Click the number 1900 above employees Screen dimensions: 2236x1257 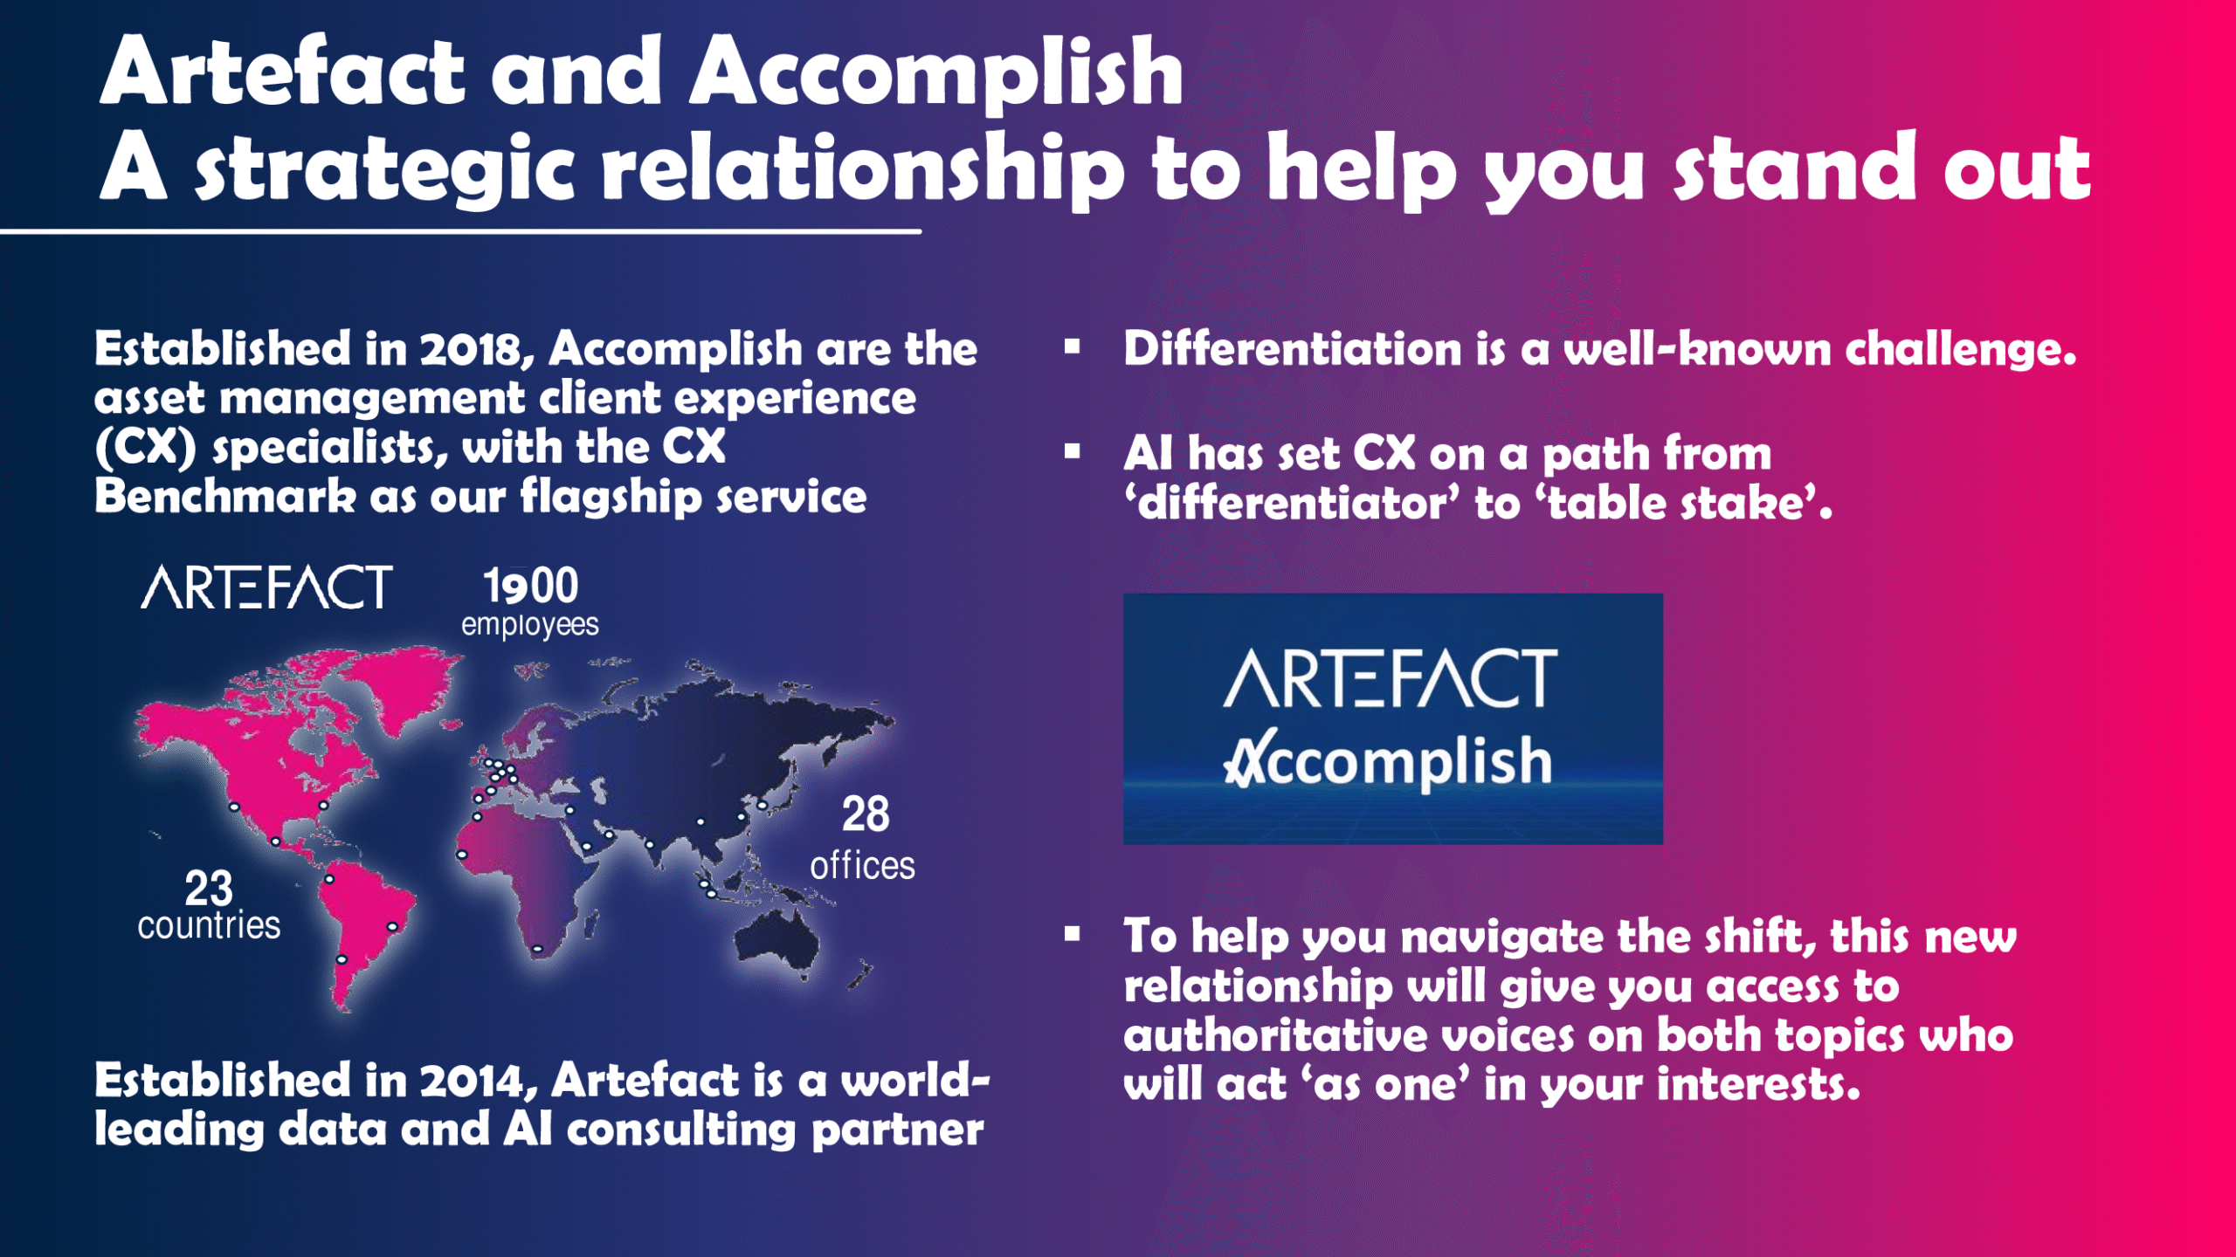pyautogui.click(x=531, y=586)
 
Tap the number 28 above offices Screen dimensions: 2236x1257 pyautogui.click(x=866, y=814)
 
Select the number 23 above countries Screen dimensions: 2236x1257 pyautogui.click(x=209, y=890)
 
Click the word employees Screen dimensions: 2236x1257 pyautogui.click(x=530, y=626)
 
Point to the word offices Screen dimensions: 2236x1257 pyautogui.click(x=862, y=866)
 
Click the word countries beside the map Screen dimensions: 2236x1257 pyautogui.click(x=209, y=925)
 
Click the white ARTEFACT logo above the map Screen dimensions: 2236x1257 pyautogui.click(x=267, y=587)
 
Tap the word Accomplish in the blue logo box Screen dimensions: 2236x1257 pyautogui.click(x=1388, y=761)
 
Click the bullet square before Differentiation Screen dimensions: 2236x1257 pyautogui.click(x=1073, y=347)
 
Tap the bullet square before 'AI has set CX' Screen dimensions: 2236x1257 pyautogui.click(x=1073, y=451)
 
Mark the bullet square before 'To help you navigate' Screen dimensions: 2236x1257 pyautogui.click(x=1073, y=934)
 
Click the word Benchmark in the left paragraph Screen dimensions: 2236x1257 pyautogui.click(x=225, y=497)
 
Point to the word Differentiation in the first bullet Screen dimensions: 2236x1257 pyautogui.click(x=1293, y=349)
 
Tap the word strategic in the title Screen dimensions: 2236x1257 pyautogui.click(x=385, y=168)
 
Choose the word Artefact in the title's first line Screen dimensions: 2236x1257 pyautogui.click(x=282, y=72)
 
